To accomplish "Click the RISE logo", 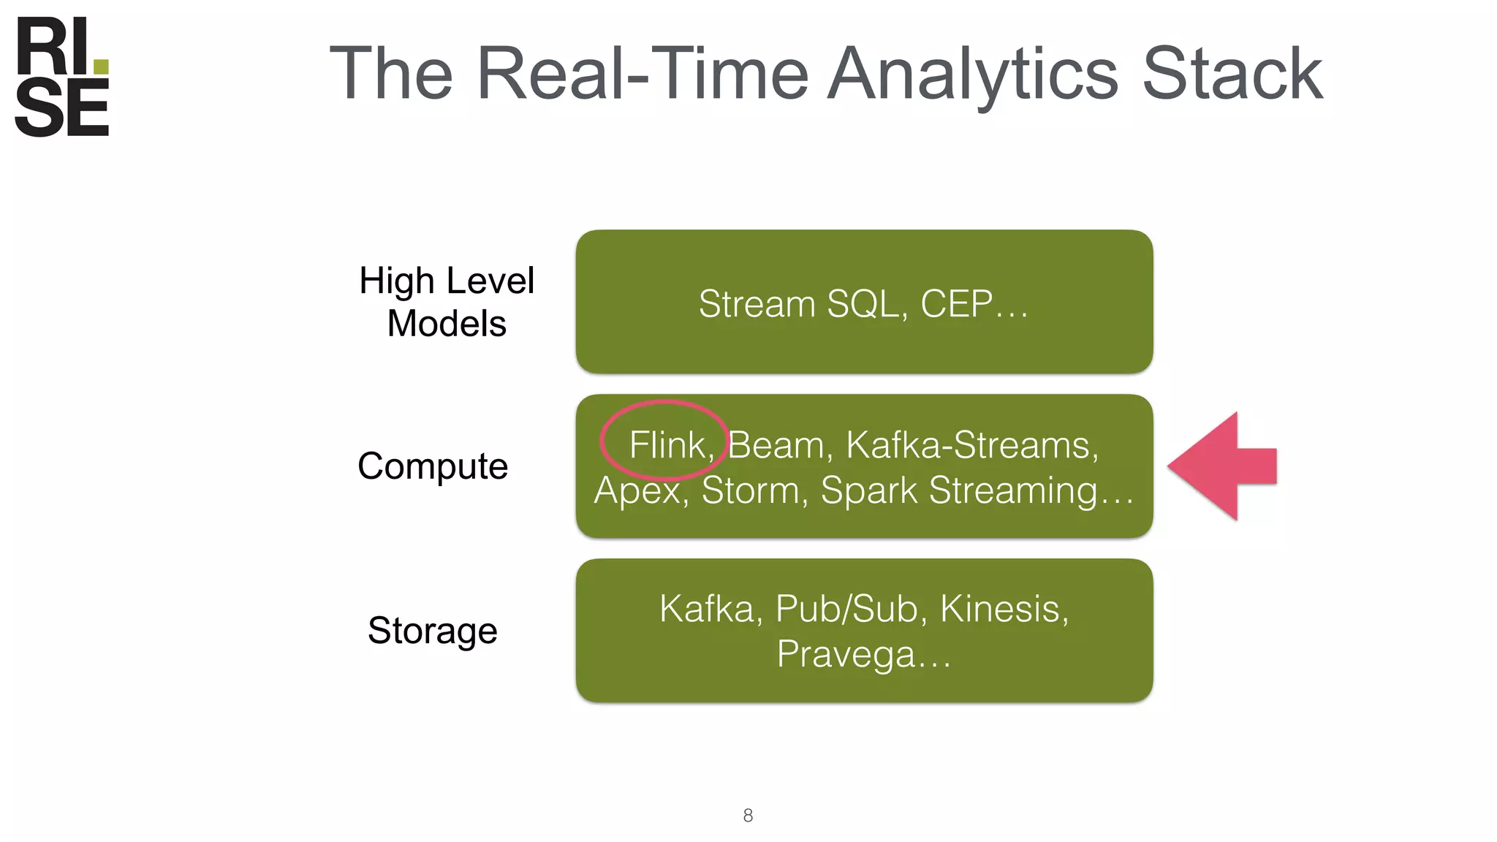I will [x=62, y=77].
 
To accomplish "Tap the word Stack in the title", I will [x=1232, y=74].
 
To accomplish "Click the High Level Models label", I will [x=447, y=302].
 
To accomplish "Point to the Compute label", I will [x=433, y=466].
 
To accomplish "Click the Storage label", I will [x=433, y=631].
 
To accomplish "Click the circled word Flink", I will [x=667, y=444].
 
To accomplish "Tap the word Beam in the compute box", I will [x=776, y=444].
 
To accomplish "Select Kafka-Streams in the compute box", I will [x=972, y=444].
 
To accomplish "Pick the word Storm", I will [x=750, y=490].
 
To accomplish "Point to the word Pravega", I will [x=845, y=653].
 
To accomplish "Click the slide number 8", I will [x=748, y=815].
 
